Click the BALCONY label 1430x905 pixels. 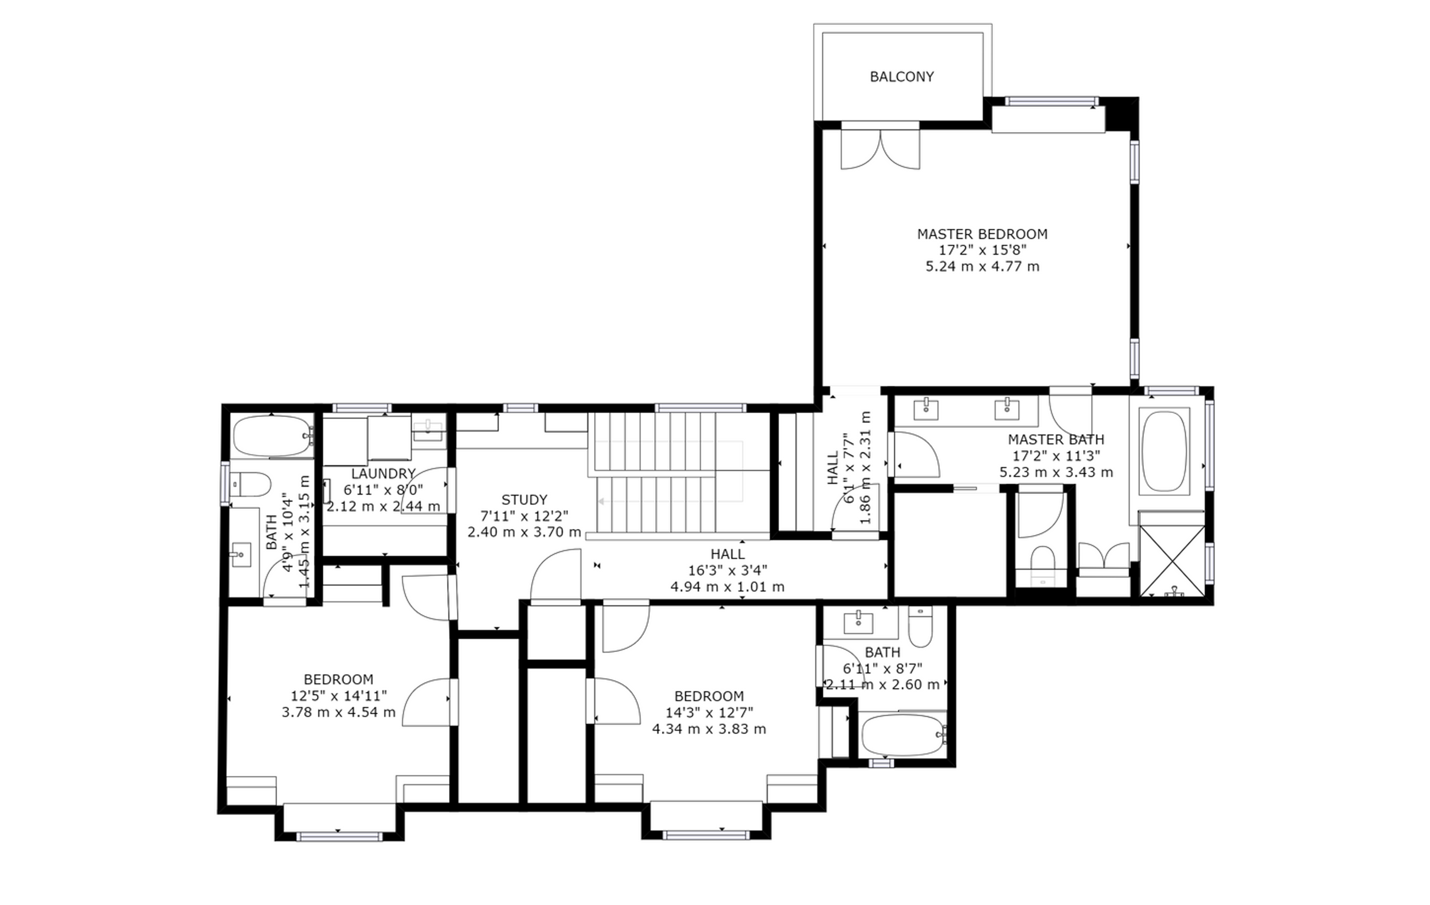[902, 77]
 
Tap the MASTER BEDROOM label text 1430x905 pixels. [982, 234]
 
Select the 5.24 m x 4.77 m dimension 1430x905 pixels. [982, 266]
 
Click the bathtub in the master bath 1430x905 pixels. [1164, 451]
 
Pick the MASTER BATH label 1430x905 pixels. [1056, 440]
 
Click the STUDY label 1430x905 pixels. [524, 500]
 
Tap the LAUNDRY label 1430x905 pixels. [383, 473]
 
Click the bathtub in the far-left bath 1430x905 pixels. [273, 436]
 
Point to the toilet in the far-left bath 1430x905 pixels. [250, 484]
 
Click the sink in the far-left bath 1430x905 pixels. [241, 555]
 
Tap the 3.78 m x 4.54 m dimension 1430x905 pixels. [338, 712]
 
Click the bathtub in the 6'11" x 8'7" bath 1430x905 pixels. [902, 735]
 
